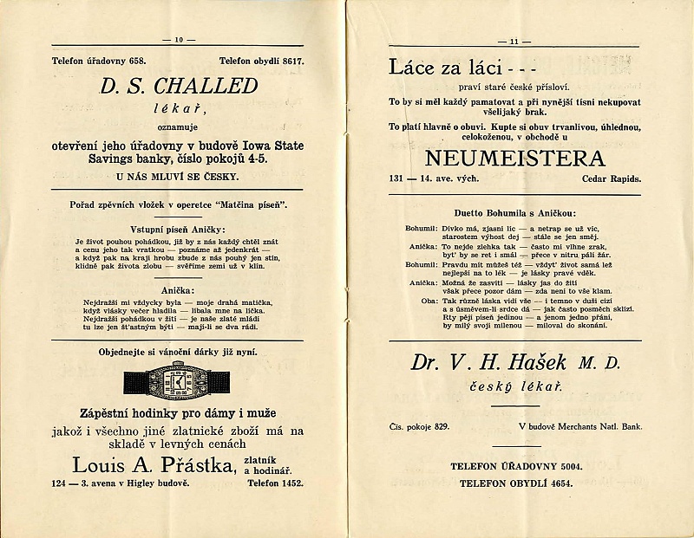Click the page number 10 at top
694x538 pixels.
[x=180, y=39]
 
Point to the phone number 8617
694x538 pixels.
[x=292, y=61]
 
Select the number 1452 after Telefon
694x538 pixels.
[x=291, y=483]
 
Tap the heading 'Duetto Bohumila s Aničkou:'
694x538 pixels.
[x=513, y=213]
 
